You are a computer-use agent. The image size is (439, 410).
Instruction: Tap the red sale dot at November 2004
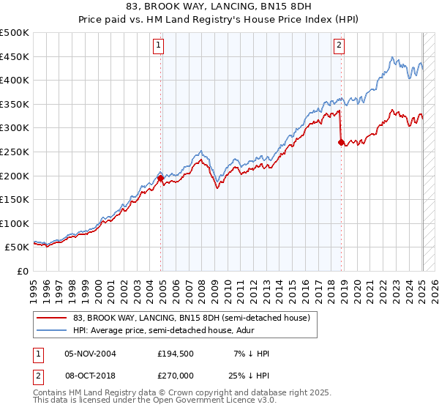pos(160,178)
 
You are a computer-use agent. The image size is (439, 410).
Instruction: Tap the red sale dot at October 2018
pos(341,142)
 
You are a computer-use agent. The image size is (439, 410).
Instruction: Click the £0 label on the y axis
pos(23,271)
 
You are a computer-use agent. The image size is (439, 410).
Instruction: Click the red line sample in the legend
pos(52,318)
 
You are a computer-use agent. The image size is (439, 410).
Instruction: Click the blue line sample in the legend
pos(52,330)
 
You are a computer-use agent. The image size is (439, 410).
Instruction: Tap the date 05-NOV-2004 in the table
pos(91,354)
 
